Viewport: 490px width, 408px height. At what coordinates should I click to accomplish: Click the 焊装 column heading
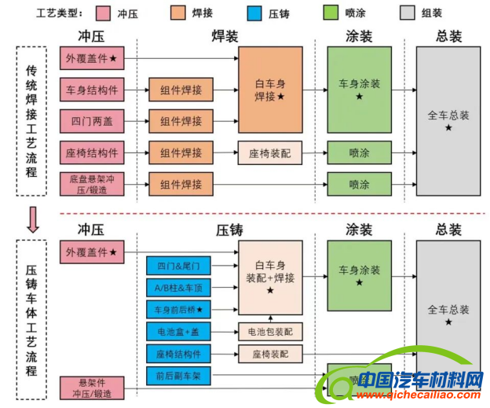[228, 36]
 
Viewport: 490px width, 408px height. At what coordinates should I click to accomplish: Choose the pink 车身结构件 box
[92, 90]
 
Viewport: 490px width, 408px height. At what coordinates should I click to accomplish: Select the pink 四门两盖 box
[92, 121]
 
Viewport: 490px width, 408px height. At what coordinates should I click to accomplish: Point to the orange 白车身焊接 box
[270, 90]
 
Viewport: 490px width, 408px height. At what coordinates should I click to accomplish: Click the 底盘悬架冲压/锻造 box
[92, 185]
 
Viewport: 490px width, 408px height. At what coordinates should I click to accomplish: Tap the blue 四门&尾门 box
[178, 266]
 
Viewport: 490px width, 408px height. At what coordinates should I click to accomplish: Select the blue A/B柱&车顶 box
[178, 287]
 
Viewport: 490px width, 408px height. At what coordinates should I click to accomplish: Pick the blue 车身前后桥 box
[178, 309]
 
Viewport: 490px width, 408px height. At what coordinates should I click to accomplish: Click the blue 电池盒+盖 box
[178, 332]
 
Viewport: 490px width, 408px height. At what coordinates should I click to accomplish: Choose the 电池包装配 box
[270, 332]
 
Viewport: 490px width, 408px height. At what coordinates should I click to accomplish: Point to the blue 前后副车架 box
[178, 376]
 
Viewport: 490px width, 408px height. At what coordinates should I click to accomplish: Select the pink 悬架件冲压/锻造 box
[92, 387]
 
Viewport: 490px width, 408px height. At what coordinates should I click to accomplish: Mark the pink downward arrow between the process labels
[31, 219]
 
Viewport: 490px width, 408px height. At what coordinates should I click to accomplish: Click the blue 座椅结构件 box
[178, 354]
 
